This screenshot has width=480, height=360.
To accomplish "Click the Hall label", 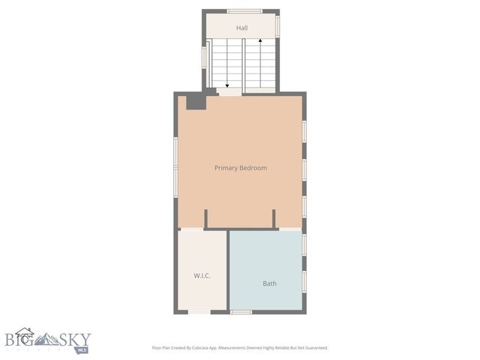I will click(241, 28).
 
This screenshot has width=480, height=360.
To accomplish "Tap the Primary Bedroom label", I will click(241, 168).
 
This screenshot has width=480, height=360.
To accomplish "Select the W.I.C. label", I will click(202, 275).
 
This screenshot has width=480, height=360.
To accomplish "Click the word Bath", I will click(269, 283).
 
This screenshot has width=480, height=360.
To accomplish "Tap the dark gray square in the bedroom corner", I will click(195, 102).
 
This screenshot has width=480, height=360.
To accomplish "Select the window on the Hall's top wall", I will click(244, 10).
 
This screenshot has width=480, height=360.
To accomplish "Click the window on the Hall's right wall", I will click(277, 26).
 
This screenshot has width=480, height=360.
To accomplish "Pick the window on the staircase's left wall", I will click(204, 58).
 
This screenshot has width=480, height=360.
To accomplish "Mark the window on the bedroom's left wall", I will click(176, 163).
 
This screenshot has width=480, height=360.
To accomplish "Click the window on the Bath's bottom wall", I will click(240, 312).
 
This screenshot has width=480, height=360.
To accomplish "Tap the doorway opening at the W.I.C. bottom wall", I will click(199, 312).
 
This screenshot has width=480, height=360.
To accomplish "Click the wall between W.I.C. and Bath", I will click(227, 270).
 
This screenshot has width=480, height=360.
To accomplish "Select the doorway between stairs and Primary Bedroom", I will click(229, 91).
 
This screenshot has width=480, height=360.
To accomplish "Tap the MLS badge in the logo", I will click(82, 349).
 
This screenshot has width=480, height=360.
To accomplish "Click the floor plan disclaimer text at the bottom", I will click(240, 348).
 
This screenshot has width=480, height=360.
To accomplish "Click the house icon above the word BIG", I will click(25, 332).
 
